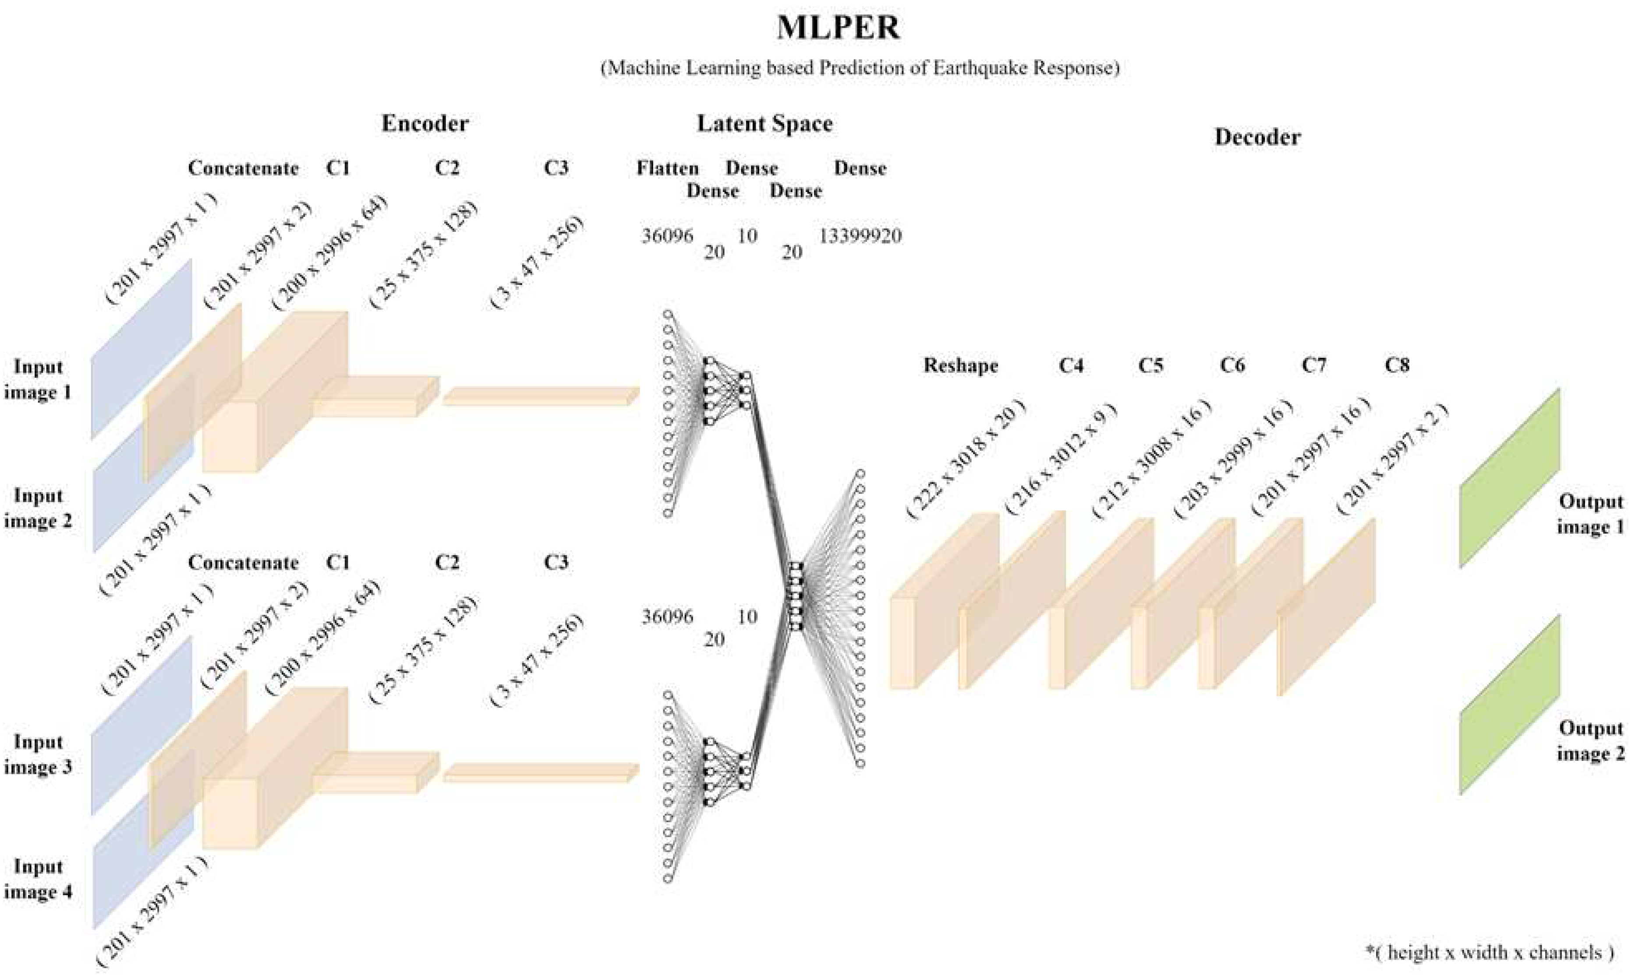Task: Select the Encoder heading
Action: click(425, 124)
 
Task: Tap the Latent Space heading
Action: click(764, 124)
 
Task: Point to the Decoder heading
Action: click(1257, 137)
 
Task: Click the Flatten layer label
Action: click(667, 168)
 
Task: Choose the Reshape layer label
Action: click(960, 365)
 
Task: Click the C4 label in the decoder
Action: click(1071, 365)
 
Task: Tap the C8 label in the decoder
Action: click(1397, 365)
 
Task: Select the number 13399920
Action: click(860, 236)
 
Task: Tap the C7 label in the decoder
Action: click(1314, 365)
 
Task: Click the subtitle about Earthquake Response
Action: click(860, 67)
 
